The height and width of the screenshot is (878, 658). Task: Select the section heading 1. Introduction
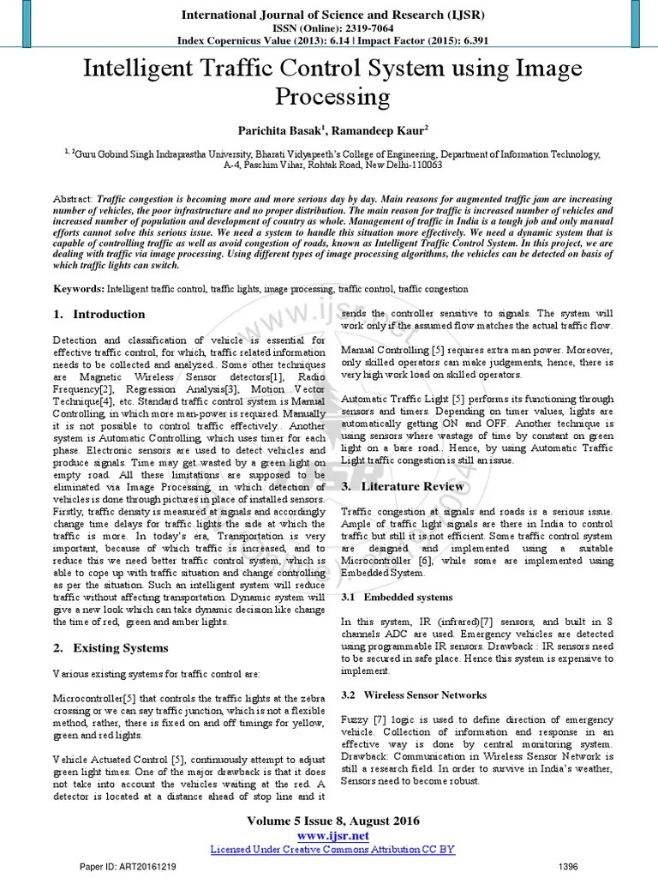tap(99, 315)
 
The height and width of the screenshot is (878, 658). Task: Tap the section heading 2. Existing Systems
tap(110, 647)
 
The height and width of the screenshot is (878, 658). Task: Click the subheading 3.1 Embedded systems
tap(395, 596)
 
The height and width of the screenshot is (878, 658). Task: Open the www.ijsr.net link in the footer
tap(333, 835)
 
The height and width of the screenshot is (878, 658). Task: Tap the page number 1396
tap(568, 868)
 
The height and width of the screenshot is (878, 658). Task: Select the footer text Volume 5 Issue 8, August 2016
tap(332, 821)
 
